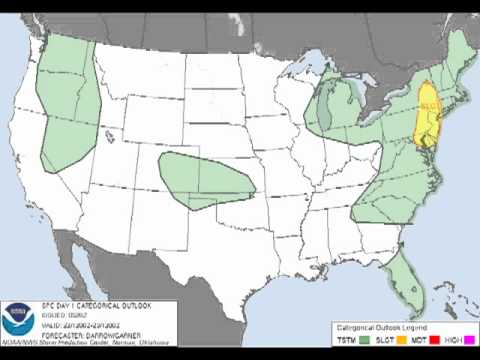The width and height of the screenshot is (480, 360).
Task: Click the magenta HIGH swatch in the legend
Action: click(x=463, y=340)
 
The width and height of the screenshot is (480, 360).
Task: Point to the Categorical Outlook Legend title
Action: click(x=396, y=326)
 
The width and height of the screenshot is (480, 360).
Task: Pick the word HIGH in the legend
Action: click(x=447, y=341)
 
